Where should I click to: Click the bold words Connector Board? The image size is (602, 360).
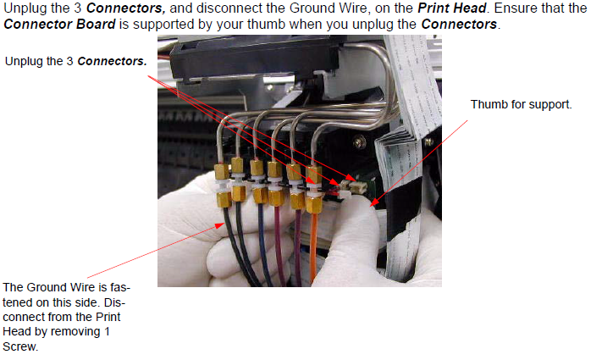tap(59, 25)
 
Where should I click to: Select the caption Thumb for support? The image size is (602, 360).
tap(522, 104)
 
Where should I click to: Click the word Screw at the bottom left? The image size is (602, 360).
tap(20, 346)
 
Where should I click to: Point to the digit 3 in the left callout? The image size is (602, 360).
tap(69, 61)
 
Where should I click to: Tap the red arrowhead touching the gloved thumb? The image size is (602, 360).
tap(373, 202)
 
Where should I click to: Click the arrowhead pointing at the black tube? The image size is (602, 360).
tap(220, 225)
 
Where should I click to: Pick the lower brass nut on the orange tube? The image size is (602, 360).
tap(313, 203)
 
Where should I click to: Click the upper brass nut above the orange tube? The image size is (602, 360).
tap(314, 174)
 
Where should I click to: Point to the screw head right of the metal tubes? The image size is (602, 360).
tap(359, 142)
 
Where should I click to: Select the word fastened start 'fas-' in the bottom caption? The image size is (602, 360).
tap(120, 287)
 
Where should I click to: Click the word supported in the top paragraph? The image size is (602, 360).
tap(174, 25)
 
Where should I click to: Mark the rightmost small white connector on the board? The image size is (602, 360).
tap(360, 187)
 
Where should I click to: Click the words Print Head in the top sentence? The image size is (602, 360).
tap(452, 8)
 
